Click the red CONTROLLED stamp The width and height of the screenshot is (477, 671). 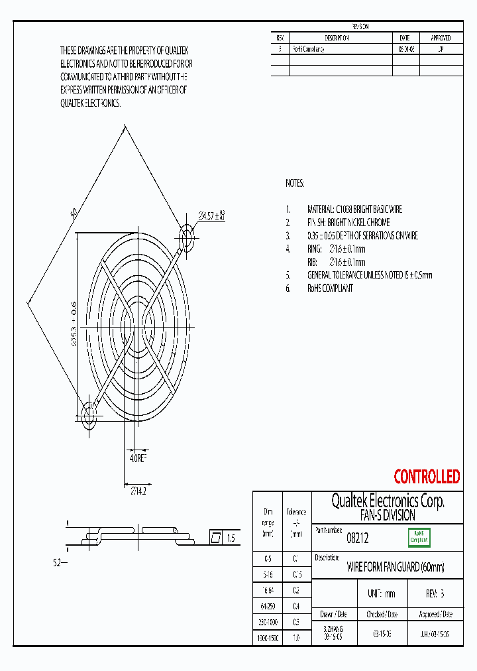(427, 477)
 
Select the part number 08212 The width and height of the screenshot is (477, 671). (358, 540)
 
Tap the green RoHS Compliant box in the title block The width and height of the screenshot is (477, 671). (419, 537)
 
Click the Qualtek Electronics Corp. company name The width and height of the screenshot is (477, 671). (388, 501)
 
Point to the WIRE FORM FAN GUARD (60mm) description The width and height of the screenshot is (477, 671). (396, 568)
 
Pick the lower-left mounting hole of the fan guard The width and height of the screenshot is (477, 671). (88, 416)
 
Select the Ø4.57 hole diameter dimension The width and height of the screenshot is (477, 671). (212, 215)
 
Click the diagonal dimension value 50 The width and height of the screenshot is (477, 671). (75, 214)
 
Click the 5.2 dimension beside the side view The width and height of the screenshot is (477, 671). (57, 563)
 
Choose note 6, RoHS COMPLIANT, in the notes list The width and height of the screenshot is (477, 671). (329, 288)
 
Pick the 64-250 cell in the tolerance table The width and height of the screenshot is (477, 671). (268, 606)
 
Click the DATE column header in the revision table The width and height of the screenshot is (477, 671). (405, 38)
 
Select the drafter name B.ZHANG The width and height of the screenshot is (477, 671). (333, 627)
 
